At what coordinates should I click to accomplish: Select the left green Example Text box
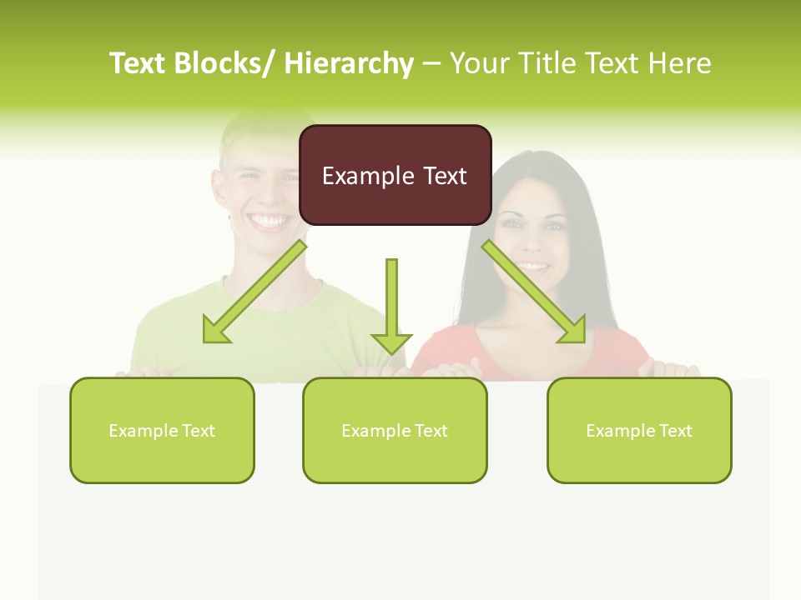tap(162, 430)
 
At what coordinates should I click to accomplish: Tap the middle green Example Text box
tap(395, 430)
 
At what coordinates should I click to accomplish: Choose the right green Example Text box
tap(639, 430)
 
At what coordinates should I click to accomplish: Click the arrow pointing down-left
tap(254, 292)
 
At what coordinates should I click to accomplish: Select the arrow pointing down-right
tap(534, 292)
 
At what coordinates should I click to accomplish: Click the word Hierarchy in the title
tap(349, 63)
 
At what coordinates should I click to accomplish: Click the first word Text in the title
tap(139, 63)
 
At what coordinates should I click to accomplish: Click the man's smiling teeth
tap(269, 222)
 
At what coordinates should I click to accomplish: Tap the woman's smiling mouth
tap(531, 267)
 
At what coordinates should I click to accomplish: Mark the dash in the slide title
tap(431, 63)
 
